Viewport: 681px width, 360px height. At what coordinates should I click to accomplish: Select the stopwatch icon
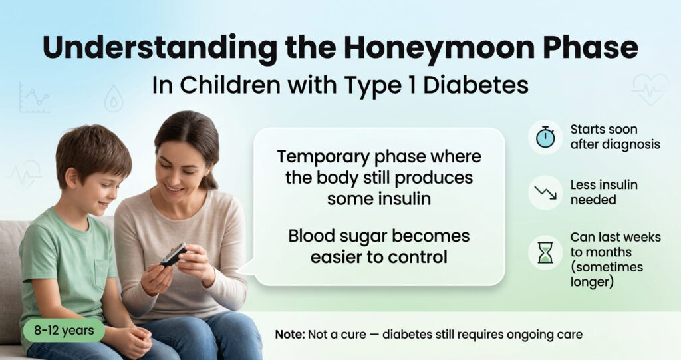pyautogui.click(x=545, y=137)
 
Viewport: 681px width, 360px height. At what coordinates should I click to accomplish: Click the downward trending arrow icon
pyautogui.click(x=545, y=194)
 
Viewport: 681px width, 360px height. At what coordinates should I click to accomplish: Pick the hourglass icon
pyautogui.click(x=545, y=252)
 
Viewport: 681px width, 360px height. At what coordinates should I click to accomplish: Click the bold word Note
pyautogui.click(x=289, y=334)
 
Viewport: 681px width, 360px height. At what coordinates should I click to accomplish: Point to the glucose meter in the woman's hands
pyautogui.click(x=173, y=254)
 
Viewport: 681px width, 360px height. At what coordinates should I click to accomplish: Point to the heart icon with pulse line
pyautogui.click(x=649, y=87)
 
